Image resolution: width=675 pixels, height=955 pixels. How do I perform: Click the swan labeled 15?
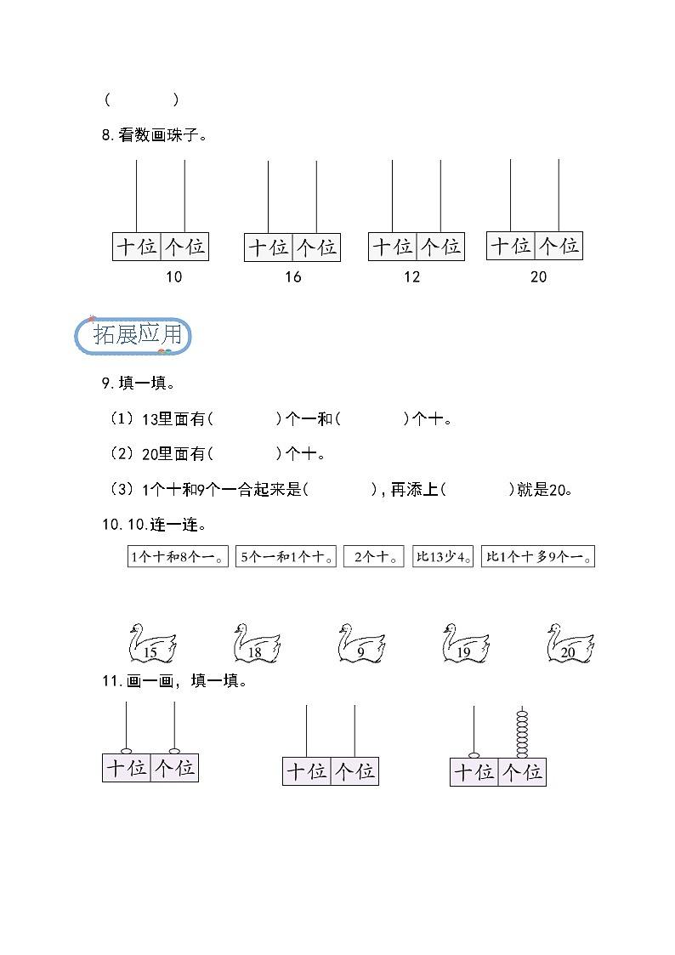click(152, 644)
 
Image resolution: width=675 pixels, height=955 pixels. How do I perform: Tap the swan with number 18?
click(256, 644)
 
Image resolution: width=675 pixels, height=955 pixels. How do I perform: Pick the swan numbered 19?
click(465, 644)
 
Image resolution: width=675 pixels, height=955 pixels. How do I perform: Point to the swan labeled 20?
click(570, 644)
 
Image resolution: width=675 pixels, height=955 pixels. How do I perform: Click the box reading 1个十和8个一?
click(179, 558)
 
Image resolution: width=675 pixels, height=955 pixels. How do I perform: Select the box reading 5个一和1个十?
click(286, 558)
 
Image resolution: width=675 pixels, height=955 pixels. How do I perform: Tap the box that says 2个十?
click(374, 558)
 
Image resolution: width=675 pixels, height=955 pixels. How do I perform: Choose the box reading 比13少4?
click(443, 558)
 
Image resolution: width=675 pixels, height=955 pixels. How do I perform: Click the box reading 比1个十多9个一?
click(538, 558)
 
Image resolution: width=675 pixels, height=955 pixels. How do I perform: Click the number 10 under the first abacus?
click(173, 276)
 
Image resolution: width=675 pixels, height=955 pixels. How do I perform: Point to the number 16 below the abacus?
click(292, 276)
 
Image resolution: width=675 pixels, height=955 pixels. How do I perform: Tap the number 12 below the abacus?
click(411, 276)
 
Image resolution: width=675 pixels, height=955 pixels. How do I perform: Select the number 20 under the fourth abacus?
click(538, 276)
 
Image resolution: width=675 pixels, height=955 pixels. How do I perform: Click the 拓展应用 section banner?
click(133, 335)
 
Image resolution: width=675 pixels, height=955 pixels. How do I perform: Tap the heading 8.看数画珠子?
click(155, 134)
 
